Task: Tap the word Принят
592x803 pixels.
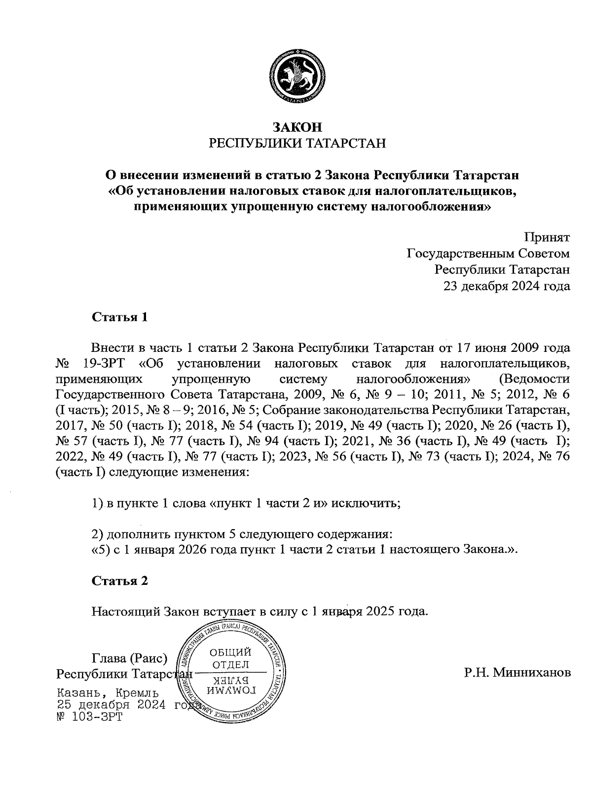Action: [x=547, y=237]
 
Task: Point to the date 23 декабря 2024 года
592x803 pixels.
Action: [x=507, y=286]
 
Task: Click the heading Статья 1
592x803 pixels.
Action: [x=120, y=317]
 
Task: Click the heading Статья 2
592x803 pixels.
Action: [x=120, y=580]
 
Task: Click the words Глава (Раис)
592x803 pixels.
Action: [x=130, y=658]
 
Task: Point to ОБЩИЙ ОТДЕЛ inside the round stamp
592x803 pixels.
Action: [x=231, y=658]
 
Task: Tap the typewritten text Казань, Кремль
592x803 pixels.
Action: [x=108, y=693]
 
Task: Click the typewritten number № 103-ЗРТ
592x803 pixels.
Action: [x=90, y=717]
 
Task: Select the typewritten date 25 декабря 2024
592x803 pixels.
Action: [x=111, y=705]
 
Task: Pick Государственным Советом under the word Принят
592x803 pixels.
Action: [x=488, y=254]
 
